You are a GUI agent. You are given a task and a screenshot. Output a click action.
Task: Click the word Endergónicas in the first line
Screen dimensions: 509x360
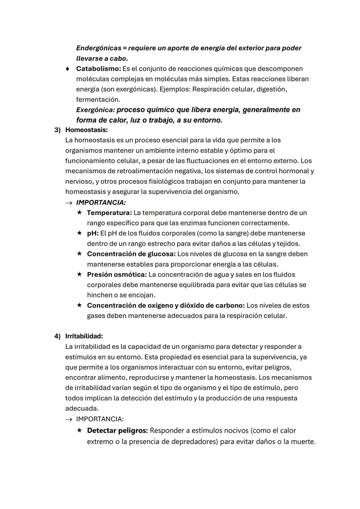pos(99,48)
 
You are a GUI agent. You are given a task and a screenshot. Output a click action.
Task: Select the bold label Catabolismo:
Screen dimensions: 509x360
pos(98,69)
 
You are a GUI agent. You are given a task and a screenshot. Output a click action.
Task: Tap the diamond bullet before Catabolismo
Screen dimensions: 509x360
pos(68,69)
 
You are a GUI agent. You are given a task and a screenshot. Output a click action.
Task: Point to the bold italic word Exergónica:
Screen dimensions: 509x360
pos(95,110)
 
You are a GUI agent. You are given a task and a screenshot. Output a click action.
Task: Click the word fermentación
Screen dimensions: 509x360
pos(98,99)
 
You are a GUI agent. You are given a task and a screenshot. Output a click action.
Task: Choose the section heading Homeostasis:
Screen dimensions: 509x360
pos(86,130)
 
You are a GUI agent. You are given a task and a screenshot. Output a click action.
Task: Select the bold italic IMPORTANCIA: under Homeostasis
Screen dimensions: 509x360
pos(101,202)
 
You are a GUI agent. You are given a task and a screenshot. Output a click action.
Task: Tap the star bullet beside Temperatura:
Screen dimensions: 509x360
pos(79,212)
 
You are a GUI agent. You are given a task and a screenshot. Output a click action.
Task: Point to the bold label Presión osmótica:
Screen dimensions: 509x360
pos(117,274)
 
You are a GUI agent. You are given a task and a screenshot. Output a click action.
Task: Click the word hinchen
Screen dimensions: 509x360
pos(98,295)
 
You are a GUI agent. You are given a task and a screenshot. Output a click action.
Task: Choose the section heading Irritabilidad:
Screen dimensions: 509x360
pos(84,336)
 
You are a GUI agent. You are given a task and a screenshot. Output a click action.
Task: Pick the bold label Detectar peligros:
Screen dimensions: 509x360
pos(117,430)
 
